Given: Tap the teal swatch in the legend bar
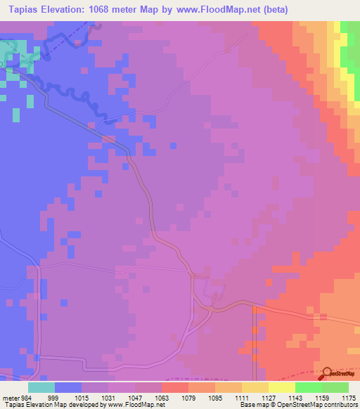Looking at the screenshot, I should click(x=41, y=387).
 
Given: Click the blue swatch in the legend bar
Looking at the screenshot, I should click(x=68, y=387).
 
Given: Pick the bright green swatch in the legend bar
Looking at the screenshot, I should click(x=309, y=387).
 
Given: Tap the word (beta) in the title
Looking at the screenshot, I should click(x=271, y=9).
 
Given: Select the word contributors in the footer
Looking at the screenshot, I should click(x=340, y=405).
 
